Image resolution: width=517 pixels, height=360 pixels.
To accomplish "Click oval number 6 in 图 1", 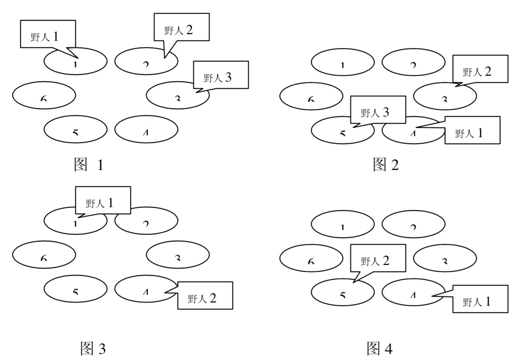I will point(44,95).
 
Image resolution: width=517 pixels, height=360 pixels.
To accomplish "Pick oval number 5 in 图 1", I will point(75,129).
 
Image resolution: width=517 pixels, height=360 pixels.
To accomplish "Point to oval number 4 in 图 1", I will point(146,129).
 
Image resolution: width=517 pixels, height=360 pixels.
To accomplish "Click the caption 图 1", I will point(89,165).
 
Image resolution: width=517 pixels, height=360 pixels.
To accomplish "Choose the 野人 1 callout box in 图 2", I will point(472,130).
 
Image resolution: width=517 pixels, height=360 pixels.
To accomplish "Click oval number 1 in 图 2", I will point(342,62).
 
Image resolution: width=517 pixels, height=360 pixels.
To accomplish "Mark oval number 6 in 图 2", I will point(311,96).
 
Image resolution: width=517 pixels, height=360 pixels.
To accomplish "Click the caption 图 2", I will point(386,165).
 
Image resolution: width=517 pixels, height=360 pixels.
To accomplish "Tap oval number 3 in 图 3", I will point(178,254).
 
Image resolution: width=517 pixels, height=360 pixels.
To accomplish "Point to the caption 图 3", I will point(93,348).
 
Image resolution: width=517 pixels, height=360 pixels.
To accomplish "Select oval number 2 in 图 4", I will point(413,223).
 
